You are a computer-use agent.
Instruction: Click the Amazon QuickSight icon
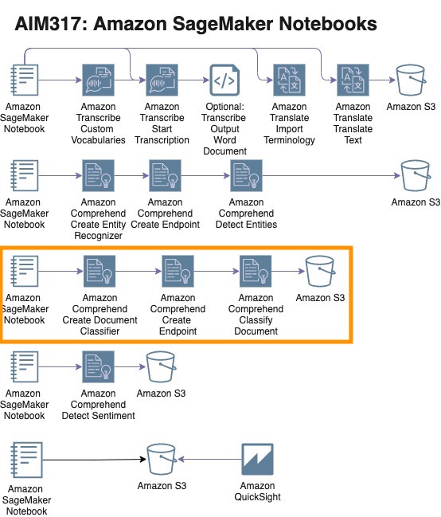[257, 459]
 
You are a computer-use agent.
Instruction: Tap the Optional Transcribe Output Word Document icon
[224, 80]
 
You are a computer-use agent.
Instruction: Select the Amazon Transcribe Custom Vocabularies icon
[98, 80]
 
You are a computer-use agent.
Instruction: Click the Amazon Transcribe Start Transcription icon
[162, 80]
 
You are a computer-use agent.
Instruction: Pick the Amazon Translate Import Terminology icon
[289, 80]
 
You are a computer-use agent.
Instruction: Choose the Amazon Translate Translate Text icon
[353, 80]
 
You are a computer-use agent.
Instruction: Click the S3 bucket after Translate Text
[411, 80]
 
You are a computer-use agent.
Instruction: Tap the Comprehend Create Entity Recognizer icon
[98, 176]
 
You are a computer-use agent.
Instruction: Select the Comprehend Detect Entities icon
[246, 176]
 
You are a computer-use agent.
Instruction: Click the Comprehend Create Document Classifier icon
[100, 272]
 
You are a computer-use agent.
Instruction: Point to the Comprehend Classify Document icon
[256, 272]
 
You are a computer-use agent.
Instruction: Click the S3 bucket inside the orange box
[320, 272]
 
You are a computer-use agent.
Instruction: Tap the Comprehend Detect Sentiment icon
[98, 367]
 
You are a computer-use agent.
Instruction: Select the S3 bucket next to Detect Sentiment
[161, 367]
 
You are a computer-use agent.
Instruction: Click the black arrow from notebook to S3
[94, 460]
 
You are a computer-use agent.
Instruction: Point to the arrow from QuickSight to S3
[209, 459]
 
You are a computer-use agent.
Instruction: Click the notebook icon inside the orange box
[25, 271]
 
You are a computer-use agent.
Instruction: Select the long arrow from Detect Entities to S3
[331, 176]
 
